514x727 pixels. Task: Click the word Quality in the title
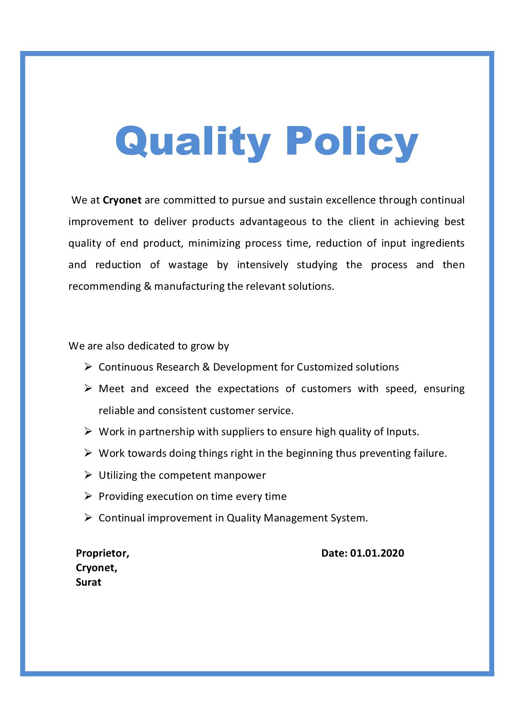tap(193, 142)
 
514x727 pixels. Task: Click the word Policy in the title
tap(352, 142)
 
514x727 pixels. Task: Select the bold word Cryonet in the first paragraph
tap(122, 200)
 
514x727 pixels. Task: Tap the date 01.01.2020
tap(377, 553)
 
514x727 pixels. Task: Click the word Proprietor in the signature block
tap(102, 553)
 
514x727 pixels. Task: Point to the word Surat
tap(88, 582)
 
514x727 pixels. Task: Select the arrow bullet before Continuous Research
tap(88, 366)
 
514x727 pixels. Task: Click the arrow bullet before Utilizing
tap(88, 475)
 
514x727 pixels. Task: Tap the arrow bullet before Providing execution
tap(88, 496)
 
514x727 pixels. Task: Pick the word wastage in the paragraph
tap(188, 265)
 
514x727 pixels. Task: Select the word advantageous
tap(273, 222)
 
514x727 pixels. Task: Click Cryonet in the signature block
tap(96, 567)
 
